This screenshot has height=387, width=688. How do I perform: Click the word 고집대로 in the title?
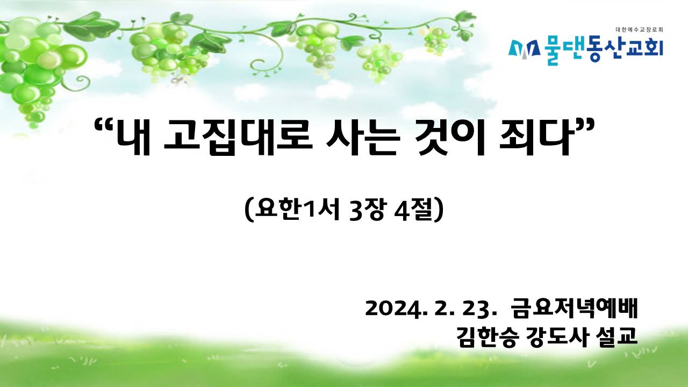238,138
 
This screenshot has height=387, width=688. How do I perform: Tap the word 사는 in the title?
363,138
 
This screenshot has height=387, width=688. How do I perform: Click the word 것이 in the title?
449,138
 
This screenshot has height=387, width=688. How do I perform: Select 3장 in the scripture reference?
367,210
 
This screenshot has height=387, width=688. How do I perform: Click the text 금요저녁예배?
575,308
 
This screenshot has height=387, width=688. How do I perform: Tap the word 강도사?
556,338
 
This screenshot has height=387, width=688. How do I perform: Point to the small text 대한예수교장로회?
639,30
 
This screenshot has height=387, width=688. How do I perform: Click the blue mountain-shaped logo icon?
524,51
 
